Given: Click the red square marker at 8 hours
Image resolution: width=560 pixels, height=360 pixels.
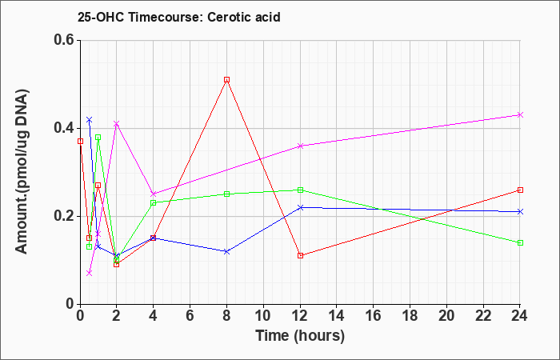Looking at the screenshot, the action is pyautogui.click(x=226, y=80).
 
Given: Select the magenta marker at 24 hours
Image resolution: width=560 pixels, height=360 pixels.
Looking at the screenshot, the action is pyautogui.click(x=520, y=114).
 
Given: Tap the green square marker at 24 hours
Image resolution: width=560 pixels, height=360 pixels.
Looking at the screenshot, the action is pyautogui.click(x=520, y=243).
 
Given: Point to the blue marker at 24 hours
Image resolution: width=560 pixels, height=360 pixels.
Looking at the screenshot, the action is pyautogui.click(x=520, y=212).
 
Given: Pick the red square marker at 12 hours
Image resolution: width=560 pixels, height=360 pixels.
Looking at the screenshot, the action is pyautogui.click(x=300, y=255).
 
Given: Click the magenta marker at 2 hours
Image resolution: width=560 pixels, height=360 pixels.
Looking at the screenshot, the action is pyautogui.click(x=117, y=123).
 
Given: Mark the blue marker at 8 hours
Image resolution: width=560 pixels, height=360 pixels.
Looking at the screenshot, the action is pyautogui.click(x=226, y=251).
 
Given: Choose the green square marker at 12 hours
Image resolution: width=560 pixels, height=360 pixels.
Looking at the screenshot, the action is pyautogui.click(x=300, y=190).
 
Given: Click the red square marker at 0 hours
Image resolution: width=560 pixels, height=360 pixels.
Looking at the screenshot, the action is pyautogui.click(x=80, y=141).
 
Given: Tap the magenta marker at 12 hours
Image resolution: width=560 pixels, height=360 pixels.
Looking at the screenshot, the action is pyautogui.click(x=300, y=146).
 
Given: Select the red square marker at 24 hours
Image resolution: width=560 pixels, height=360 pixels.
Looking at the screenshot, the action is pyautogui.click(x=520, y=190).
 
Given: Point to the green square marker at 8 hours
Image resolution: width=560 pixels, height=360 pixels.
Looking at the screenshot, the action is pyautogui.click(x=226, y=194).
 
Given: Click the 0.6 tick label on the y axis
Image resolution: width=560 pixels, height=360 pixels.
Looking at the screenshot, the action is pyautogui.click(x=64, y=40).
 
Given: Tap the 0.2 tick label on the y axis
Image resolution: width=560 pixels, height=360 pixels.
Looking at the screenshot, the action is pyautogui.click(x=64, y=216).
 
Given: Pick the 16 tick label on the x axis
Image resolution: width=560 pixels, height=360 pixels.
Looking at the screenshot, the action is pyautogui.click(x=374, y=316).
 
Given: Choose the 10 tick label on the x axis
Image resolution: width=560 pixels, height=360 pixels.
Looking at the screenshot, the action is pyautogui.click(x=263, y=316).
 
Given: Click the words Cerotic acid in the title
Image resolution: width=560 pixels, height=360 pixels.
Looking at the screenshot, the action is pyautogui.click(x=244, y=17).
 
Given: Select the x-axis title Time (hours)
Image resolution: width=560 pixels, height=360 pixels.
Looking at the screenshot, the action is pyautogui.click(x=300, y=336).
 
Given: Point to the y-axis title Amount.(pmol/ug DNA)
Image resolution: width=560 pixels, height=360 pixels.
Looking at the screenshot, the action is pyautogui.click(x=22, y=171).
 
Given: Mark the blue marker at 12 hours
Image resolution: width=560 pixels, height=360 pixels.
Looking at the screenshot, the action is pyautogui.click(x=300, y=207).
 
